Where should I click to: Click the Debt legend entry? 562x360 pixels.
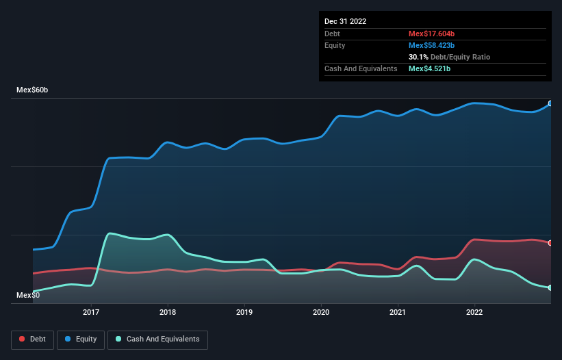point(32,339)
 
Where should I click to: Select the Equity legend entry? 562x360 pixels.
point(81,339)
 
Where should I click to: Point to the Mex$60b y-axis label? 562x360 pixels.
point(32,90)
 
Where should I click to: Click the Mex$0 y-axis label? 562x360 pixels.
point(28,295)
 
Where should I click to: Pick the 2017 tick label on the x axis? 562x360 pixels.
point(91,313)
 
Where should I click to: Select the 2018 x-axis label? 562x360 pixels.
point(168,313)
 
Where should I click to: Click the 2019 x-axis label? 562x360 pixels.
point(244,313)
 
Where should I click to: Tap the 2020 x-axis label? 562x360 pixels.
point(321,313)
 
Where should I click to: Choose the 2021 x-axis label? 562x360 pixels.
point(398,313)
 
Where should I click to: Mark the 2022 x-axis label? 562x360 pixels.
point(474,313)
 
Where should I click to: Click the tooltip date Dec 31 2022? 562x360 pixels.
point(346,21)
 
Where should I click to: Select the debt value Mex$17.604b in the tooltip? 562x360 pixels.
point(431,34)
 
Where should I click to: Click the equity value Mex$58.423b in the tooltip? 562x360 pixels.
point(431,45)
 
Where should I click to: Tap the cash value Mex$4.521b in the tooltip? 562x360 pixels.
point(429,68)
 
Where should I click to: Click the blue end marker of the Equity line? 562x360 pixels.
point(550,104)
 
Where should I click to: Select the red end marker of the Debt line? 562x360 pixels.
point(550,243)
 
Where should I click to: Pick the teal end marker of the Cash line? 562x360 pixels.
point(550,287)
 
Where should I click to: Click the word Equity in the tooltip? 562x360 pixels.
point(335,45)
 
